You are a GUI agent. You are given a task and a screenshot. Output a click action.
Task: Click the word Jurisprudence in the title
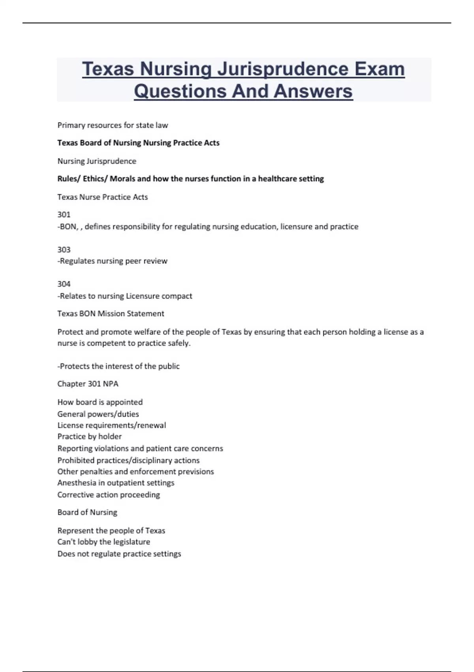[x=282, y=69]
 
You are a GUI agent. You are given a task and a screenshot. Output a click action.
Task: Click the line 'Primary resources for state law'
[x=113, y=125]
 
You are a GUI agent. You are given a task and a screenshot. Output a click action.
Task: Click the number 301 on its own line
[x=64, y=215]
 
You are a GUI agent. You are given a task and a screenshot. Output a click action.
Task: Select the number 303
[x=64, y=250]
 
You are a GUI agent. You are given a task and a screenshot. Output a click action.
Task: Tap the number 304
[x=64, y=284]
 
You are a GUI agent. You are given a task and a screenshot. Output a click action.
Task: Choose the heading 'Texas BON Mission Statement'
[x=111, y=314]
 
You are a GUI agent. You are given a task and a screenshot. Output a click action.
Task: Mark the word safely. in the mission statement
[x=179, y=343]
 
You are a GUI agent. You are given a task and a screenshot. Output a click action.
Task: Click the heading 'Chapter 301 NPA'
[x=88, y=384]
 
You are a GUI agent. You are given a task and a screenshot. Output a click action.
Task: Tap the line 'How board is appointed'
[x=100, y=402]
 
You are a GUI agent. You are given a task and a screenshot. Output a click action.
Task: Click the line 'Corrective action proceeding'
[x=109, y=495]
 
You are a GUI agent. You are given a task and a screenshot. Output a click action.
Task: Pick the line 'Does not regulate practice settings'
[x=119, y=554]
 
